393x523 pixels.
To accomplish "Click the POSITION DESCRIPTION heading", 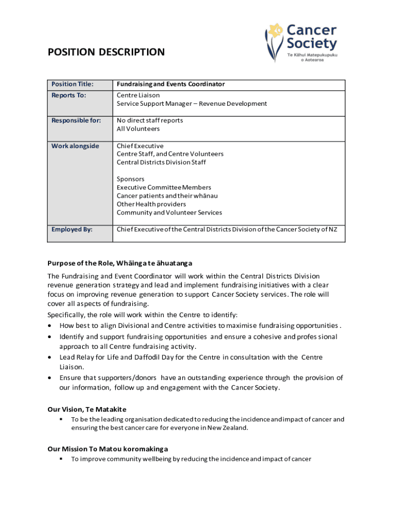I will pyautogui.click(x=106, y=52).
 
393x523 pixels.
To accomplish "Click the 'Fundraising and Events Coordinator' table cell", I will pyautogui.click(x=170, y=84).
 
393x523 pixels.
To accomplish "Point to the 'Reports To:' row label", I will pyautogui.click(x=68, y=96).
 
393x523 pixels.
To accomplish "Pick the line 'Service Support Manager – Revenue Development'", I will pyautogui.click(x=191, y=104).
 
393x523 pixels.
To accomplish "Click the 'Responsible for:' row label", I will pyautogui.click(x=76, y=121).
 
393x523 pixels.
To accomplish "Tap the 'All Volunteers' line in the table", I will pyautogui.click(x=138, y=129).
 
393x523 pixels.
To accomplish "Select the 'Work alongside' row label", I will pyautogui.click(x=75, y=146).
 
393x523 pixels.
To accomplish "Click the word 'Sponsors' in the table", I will pyautogui.click(x=131, y=179).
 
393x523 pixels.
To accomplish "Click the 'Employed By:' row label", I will pyautogui.click(x=72, y=229).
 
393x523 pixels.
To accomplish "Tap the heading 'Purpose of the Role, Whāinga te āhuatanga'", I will pyautogui.click(x=119, y=264).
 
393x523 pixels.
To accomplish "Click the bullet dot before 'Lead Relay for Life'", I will pyautogui.click(x=49, y=358).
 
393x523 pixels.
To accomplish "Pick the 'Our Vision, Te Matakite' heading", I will pyautogui.click(x=87, y=410).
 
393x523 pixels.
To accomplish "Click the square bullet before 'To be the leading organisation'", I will pyautogui.click(x=61, y=419).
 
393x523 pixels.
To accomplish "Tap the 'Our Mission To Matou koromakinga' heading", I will pyautogui.click(x=107, y=449).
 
